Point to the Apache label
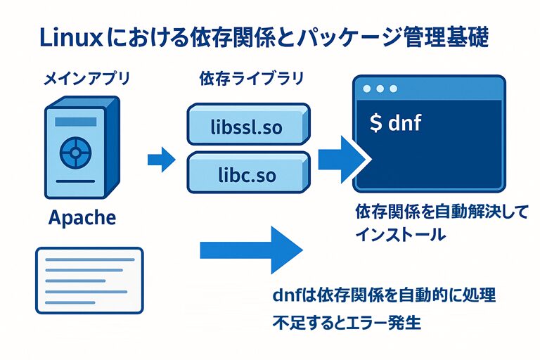point(82,217)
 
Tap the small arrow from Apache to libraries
point(161,159)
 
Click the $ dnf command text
point(395,123)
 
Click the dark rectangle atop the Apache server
point(75,122)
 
